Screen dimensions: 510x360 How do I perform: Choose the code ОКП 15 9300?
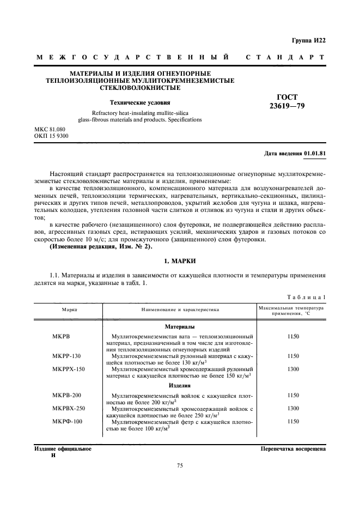(52, 136)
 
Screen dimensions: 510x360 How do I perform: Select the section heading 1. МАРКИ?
(180, 262)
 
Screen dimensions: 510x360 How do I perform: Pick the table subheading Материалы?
(180, 326)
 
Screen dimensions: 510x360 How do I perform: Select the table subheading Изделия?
(180, 385)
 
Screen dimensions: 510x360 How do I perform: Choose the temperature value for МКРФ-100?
(292, 421)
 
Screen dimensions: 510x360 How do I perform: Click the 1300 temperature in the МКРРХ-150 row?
(292, 369)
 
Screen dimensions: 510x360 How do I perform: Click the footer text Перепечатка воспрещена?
(293, 450)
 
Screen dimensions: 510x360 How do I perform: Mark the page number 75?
(180, 465)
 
